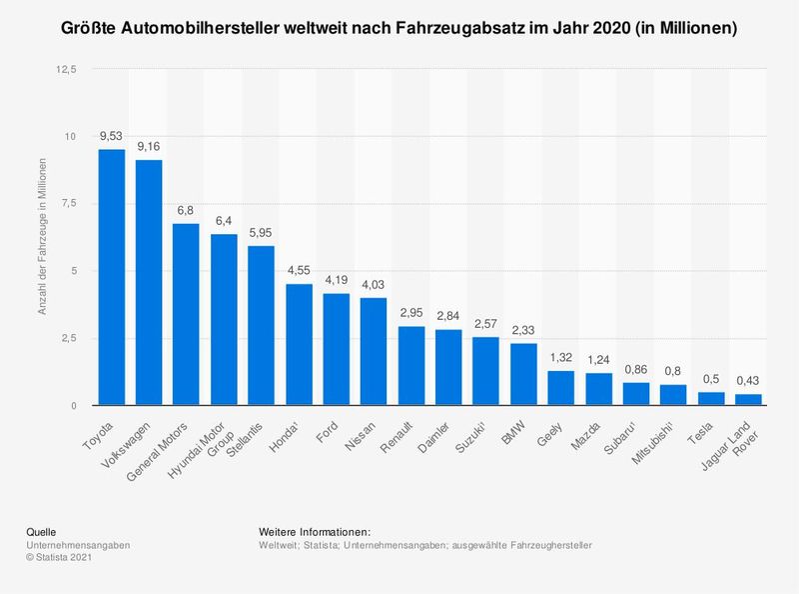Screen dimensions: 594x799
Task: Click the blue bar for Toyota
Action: (111, 277)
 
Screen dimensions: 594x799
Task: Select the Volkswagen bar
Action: (149, 282)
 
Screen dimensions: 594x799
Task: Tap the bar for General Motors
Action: (187, 314)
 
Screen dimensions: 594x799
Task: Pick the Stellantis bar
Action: (262, 325)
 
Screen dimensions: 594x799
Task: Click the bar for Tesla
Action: (710, 398)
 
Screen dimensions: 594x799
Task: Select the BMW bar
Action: (522, 374)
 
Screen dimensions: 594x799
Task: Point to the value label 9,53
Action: (111, 135)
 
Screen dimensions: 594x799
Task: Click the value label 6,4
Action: (224, 220)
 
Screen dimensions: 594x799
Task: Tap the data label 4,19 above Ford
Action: (337, 280)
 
